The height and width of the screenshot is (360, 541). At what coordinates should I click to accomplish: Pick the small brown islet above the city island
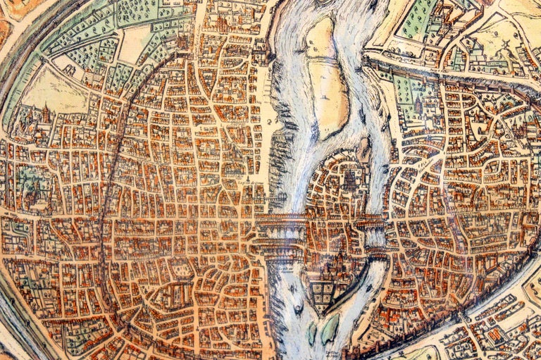click(364, 148)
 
